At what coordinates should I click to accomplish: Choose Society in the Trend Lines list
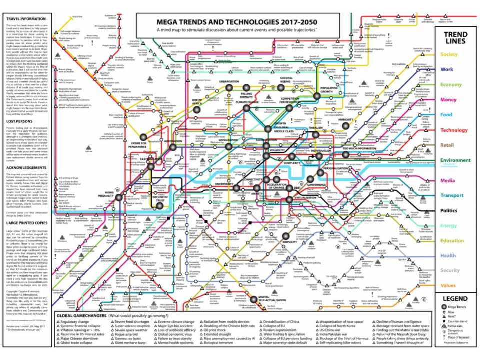[449, 54]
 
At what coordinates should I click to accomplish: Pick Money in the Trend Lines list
[448, 100]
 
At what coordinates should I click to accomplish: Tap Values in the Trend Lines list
[448, 286]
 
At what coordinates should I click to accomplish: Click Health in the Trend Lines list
[448, 256]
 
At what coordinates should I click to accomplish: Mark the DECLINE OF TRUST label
[161, 199]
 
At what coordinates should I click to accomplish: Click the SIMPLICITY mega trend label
[290, 241]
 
